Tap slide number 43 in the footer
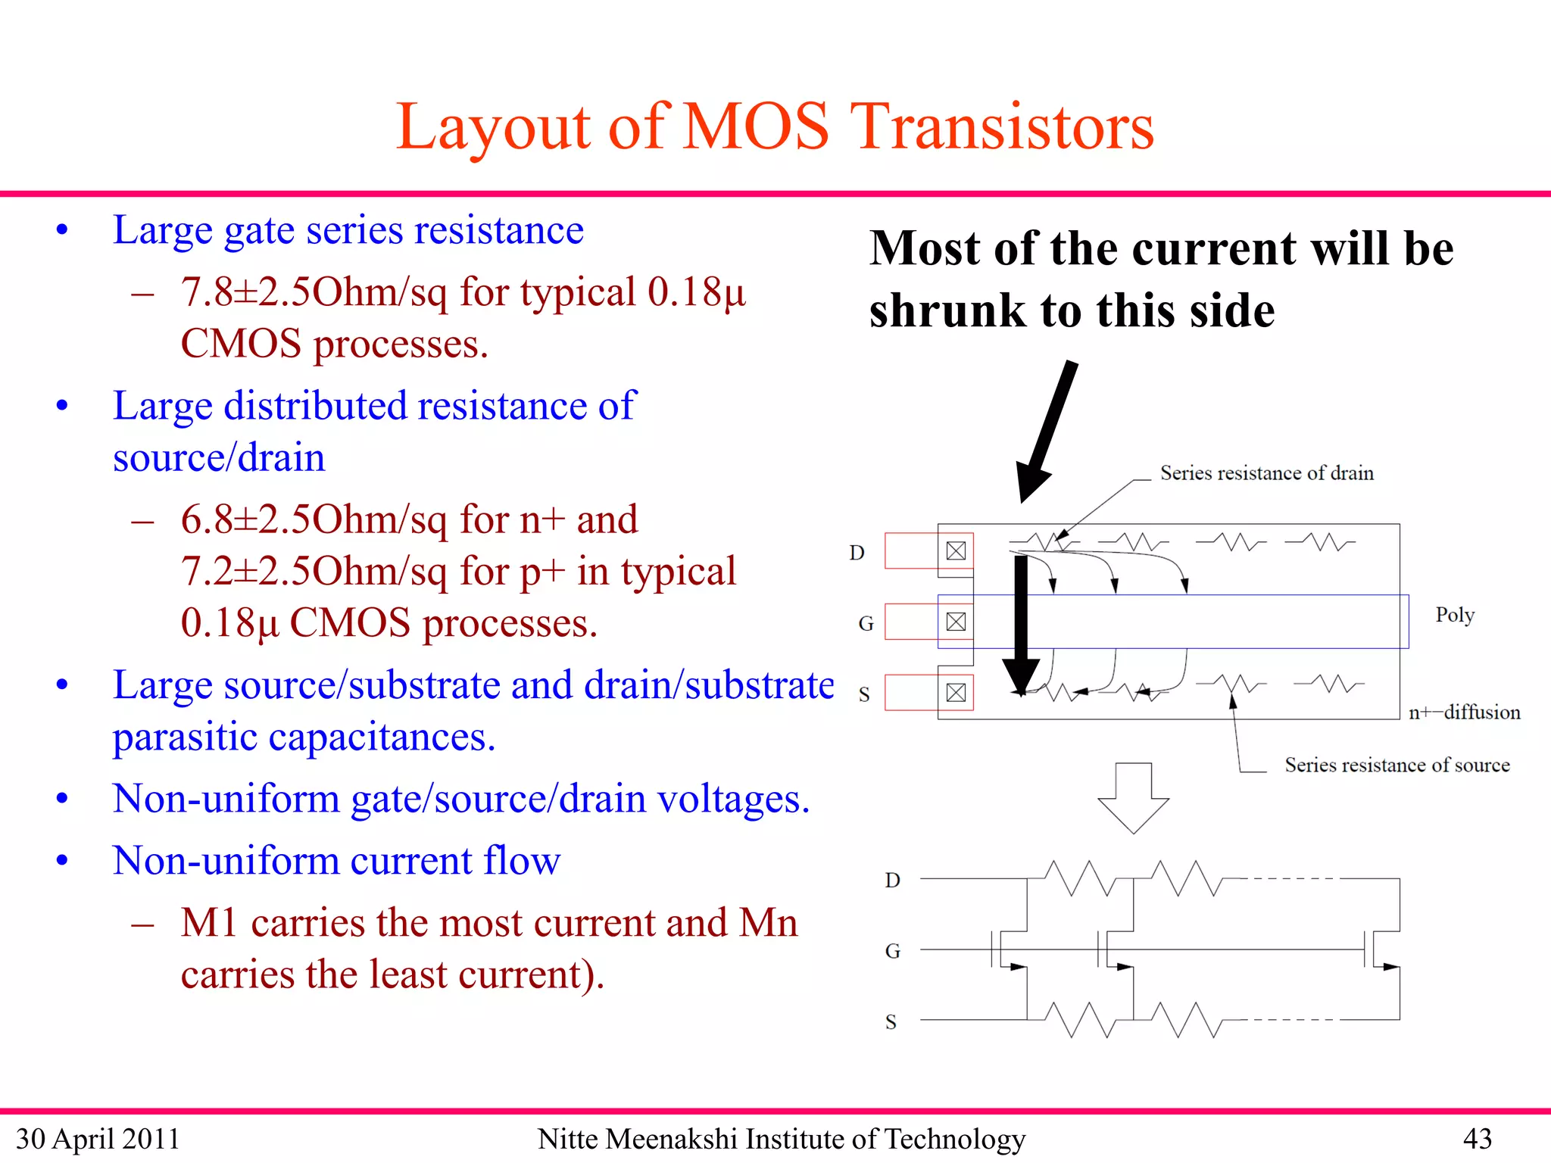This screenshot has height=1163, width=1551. point(1477,1138)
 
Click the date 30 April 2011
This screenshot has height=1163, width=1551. point(98,1139)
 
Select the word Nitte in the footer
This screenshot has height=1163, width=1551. point(567,1138)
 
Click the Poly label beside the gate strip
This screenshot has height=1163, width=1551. point(1454,614)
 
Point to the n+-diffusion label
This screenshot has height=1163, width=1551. point(1463,712)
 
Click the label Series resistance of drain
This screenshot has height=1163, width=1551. point(1266,473)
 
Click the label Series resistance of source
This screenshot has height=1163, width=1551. point(1397,765)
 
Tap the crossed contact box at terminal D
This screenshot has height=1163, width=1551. point(956,550)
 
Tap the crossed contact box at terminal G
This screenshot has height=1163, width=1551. point(956,622)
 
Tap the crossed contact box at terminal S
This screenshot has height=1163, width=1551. point(956,692)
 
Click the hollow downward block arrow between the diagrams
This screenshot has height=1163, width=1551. point(1133,799)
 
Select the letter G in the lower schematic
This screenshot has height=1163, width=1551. point(892,951)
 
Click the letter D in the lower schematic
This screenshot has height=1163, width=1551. point(892,880)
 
